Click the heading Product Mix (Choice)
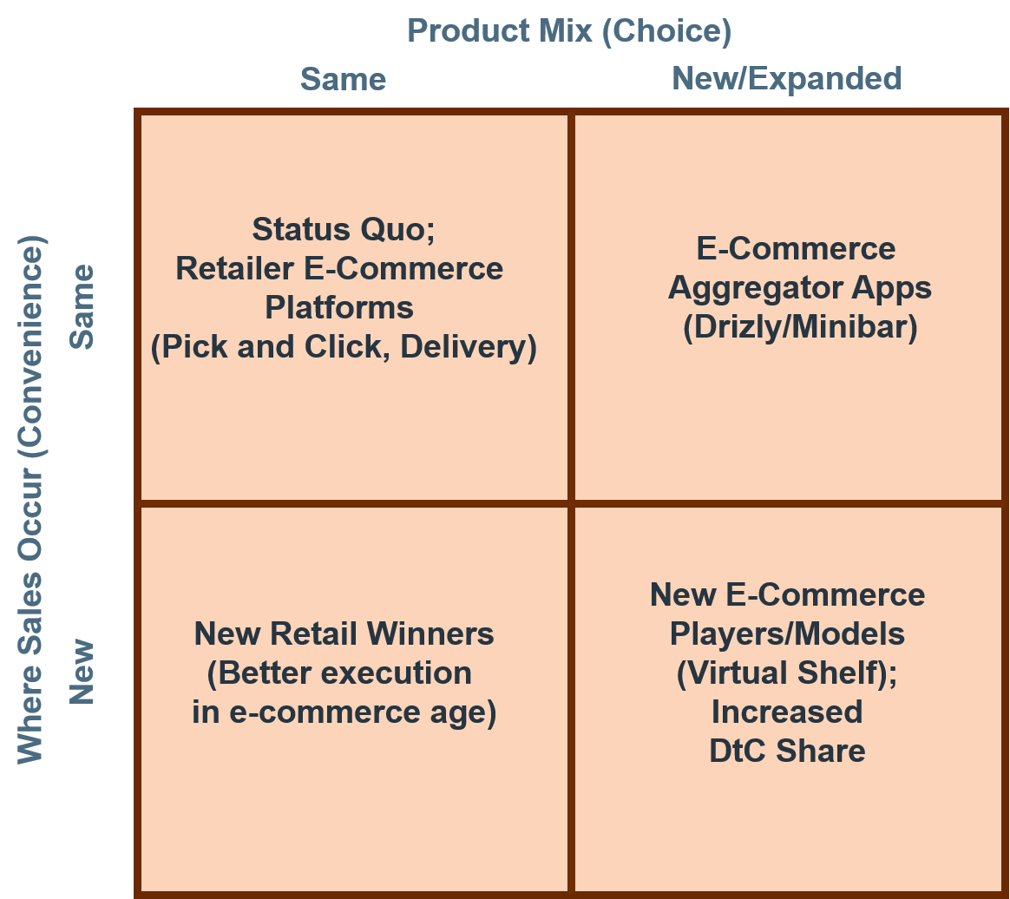569,31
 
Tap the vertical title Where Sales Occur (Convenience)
30,500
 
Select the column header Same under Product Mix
344,79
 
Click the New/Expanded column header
786,79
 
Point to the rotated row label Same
82,306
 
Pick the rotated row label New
82,672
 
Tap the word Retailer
234,268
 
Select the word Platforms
339,307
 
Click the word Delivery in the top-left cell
469,347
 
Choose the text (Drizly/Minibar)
800,327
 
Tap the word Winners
432,633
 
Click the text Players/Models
787,634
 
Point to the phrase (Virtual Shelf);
786,673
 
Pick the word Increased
786,712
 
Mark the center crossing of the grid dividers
571,503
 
